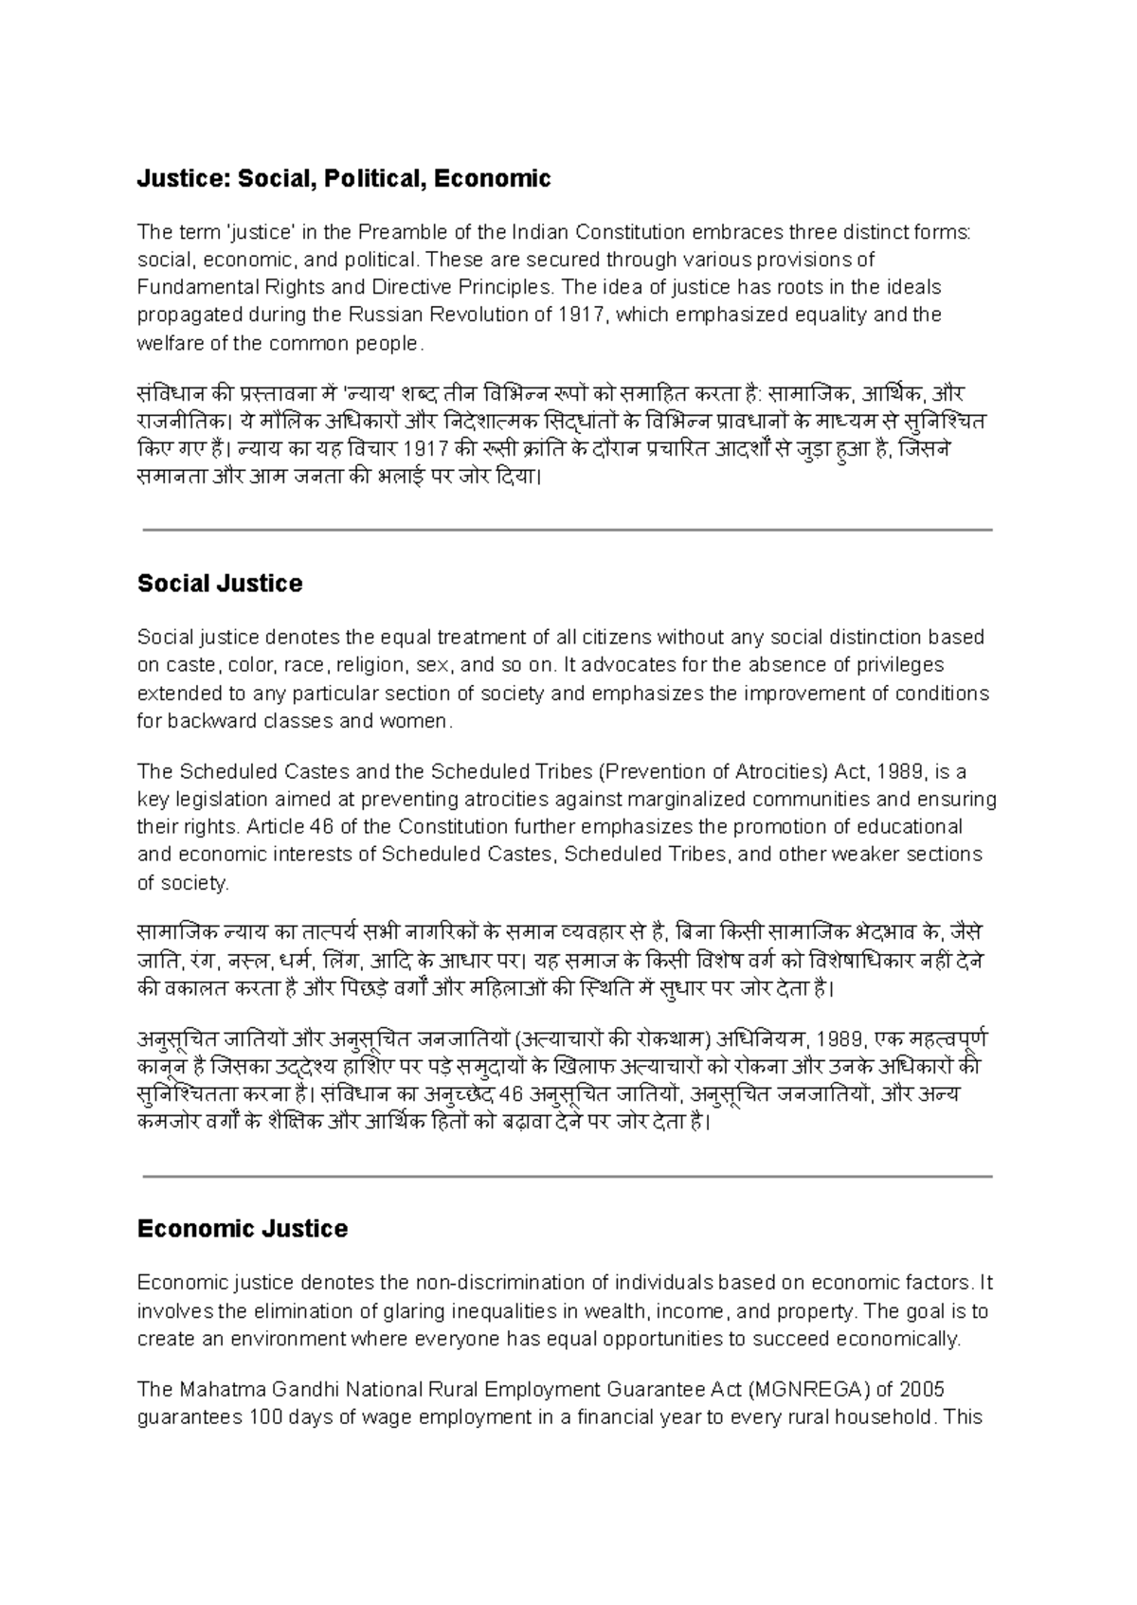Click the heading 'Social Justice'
tap(220, 584)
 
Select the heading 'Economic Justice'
tap(243, 1229)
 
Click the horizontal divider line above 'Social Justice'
tap(567, 531)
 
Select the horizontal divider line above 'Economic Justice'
tap(567, 1176)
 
